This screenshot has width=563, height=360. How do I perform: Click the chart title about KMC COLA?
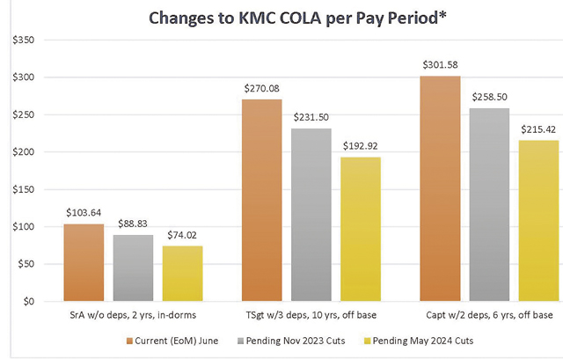(x=281, y=18)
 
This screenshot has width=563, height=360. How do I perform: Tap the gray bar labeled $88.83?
(x=133, y=268)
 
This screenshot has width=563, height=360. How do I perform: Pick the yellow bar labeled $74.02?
(x=181, y=273)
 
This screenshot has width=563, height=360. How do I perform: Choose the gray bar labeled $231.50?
(x=311, y=215)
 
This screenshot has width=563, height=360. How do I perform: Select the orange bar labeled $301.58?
(x=440, y=188)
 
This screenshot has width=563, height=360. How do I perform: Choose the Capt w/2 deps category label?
(x=489, y=315)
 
